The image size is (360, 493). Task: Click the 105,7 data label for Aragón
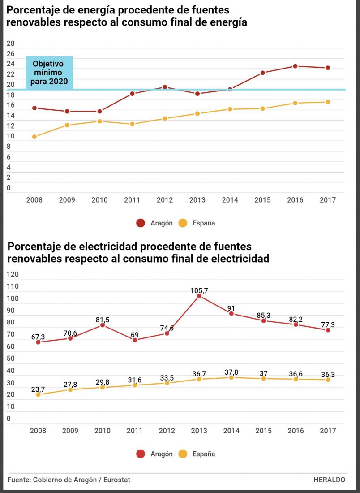[x=199, y=291]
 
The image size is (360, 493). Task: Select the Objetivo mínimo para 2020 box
[x=49, y=73]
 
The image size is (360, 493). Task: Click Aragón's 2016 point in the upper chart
[x=295, y=66]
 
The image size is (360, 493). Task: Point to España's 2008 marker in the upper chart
[x=34, y=137]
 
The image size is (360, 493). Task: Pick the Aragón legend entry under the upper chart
[x=154, y=223]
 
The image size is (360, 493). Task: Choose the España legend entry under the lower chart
[x=197, y=454]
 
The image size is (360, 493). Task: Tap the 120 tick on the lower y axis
[x=13, y=274]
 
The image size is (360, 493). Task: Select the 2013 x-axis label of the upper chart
[x=197, y=200]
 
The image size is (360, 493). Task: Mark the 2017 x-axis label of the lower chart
[x=328, y=431]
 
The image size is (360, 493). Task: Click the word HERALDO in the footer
[x=329, y=480]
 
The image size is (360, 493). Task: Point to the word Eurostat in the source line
[x=117, y=480]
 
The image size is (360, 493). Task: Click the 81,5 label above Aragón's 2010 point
[x=102, y=320]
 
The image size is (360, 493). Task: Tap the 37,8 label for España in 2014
[x=231, y=372]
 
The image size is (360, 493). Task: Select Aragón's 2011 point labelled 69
[x=135, y=340]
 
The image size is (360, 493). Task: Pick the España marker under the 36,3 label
[x=328, y=380]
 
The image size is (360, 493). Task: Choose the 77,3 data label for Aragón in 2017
[x=328, y=324]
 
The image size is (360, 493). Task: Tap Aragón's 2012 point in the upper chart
[x=165, y=87]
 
